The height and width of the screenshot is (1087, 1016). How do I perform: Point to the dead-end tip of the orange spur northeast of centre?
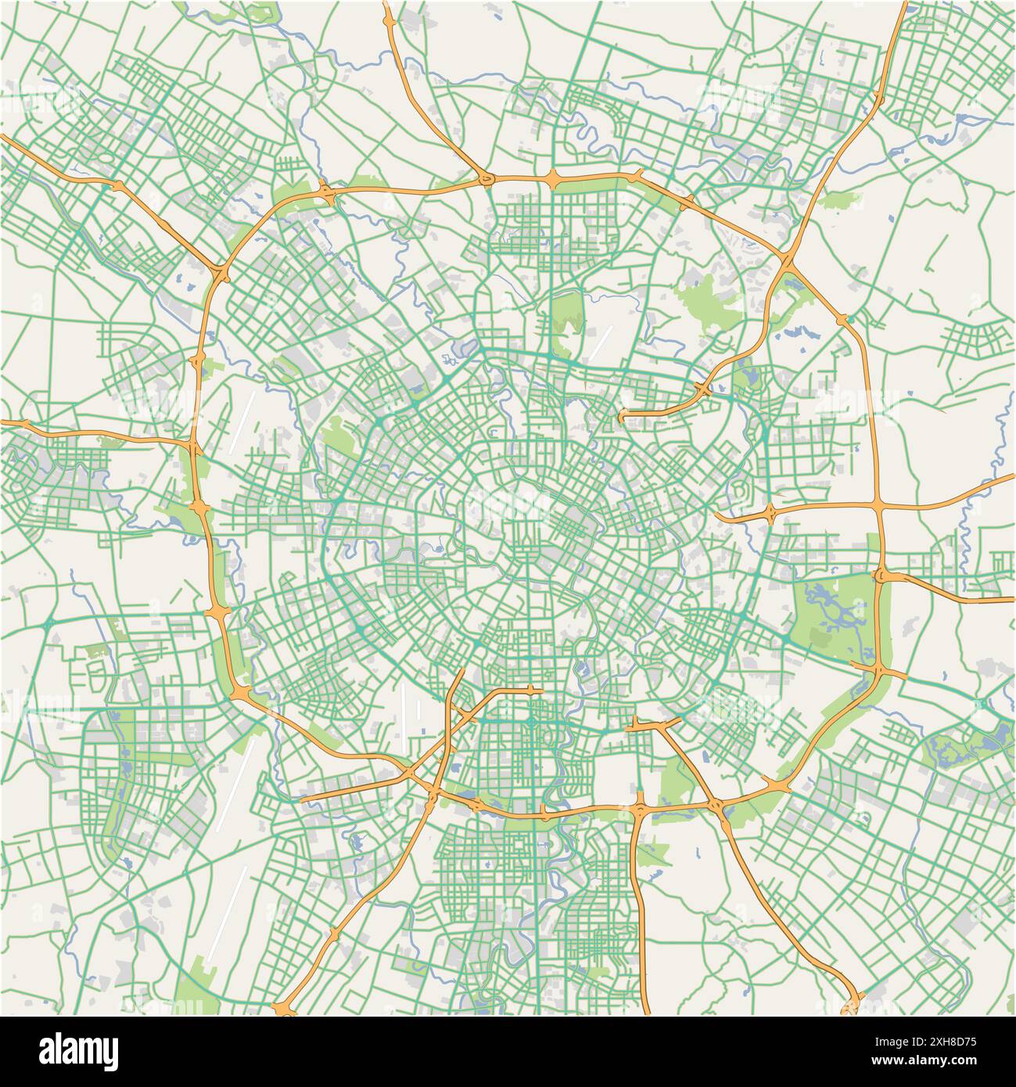point(623,418)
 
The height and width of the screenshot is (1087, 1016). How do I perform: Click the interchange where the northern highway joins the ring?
point(486,181)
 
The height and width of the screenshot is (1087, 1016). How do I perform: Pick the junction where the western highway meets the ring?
point(193,447)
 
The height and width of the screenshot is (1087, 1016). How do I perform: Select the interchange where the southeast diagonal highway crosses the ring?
point(716,804)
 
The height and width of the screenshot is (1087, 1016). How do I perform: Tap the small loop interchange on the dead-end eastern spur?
point(770,514)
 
